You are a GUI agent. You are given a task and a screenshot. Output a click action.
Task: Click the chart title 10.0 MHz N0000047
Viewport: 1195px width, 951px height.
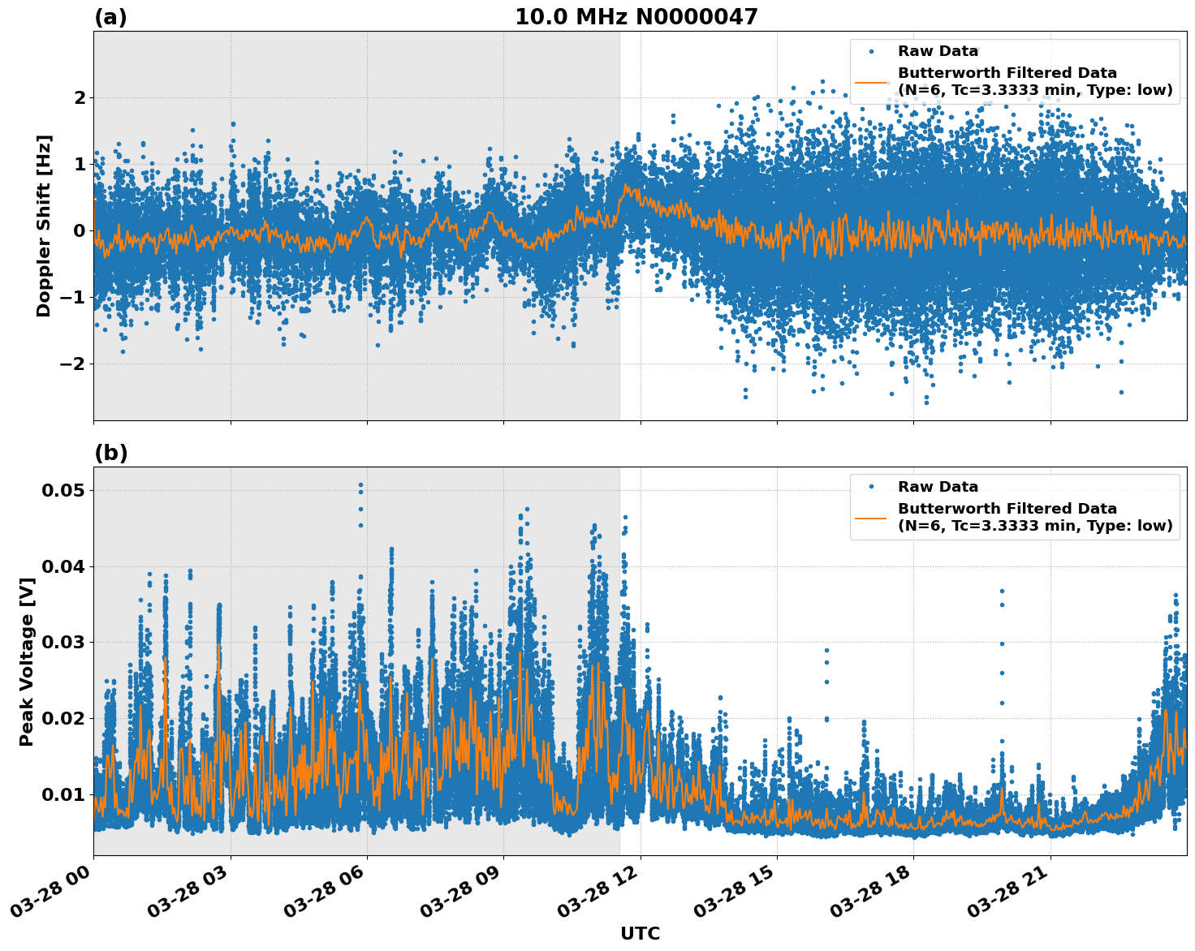[636, 17]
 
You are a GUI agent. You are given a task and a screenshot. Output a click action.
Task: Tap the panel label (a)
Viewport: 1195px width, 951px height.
[110, 17]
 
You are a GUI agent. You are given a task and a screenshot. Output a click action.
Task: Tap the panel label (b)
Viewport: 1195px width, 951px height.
[110, 453]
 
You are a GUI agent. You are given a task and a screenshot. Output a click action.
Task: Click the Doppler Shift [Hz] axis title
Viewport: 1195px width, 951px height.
[44, 226]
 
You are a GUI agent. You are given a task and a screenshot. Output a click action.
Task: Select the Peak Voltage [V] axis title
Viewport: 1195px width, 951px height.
[27, 661]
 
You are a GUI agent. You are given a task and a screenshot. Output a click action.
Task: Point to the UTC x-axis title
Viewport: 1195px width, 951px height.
[640, 933]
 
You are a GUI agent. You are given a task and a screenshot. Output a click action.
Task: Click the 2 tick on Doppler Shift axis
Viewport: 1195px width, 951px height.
[80, 97]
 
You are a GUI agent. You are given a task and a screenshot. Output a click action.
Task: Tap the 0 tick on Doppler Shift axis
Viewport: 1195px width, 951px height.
[80, 230]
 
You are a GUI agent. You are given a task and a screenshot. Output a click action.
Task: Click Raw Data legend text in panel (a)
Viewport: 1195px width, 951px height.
[938, 51]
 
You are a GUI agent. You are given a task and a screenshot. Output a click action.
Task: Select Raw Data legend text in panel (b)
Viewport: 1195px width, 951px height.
[938, 487]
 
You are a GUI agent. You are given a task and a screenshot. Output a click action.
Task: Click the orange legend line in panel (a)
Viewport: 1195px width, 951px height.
[871, 81]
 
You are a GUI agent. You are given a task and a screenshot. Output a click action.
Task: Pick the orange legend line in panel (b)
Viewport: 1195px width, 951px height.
[871, 517]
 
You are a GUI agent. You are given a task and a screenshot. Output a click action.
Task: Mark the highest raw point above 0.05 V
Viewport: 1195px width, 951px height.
[360, 485]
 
